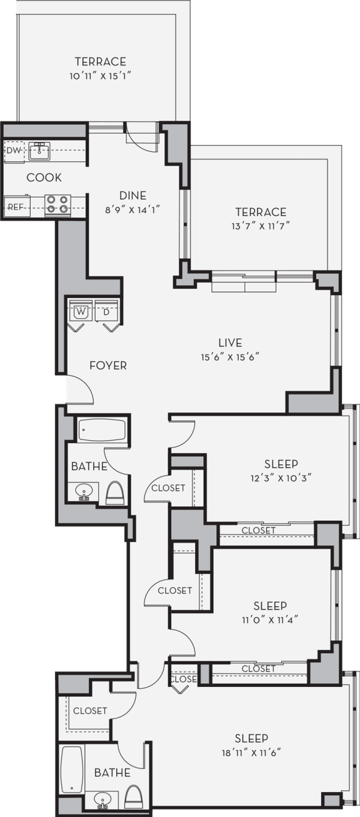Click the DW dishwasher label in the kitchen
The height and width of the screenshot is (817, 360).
pos(14,150)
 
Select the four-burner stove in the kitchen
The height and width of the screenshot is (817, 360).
pos(57,204)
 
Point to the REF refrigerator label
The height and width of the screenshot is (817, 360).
pos(15,206)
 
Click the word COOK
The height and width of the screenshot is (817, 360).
pos(44,178)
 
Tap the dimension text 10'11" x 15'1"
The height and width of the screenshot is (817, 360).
pos(101,75)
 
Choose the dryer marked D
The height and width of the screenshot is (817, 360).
pos(106,311)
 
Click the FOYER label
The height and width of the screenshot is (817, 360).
pos(107,365)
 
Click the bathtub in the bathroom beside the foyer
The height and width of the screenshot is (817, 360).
pos(102,430)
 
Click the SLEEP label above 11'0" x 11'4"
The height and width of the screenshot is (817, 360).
pos(270,606)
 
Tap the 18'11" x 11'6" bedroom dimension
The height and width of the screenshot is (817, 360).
pos(252,752)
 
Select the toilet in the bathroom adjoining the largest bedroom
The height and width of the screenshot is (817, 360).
pos(133,798)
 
